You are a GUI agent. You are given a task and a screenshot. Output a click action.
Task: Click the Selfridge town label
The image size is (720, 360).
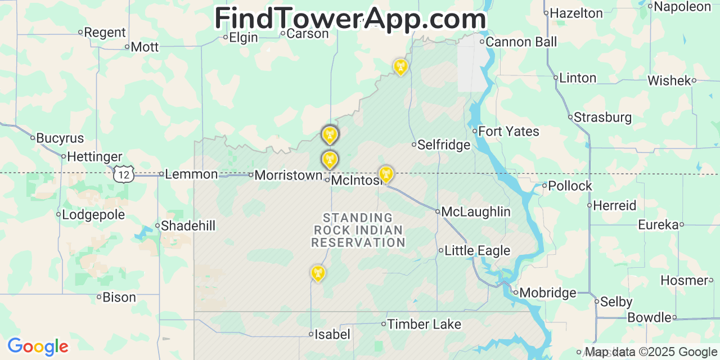click(443, 145)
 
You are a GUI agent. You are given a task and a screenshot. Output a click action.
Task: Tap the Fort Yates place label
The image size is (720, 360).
click(508, 132)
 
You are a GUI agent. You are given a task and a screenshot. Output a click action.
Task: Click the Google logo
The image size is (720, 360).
click(38, 346)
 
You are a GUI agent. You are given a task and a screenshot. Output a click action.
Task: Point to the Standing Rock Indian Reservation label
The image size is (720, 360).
click(358, 230)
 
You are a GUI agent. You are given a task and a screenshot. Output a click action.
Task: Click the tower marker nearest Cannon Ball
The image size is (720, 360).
click(400, 67)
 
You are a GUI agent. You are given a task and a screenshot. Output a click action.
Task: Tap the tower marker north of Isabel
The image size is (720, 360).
click(318, 273)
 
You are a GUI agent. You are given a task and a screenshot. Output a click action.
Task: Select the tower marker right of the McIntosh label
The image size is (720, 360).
click(386, 174)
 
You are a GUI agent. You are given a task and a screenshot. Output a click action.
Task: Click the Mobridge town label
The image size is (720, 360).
click(548, 292)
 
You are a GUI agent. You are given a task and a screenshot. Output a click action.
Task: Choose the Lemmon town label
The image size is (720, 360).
click(191, 174)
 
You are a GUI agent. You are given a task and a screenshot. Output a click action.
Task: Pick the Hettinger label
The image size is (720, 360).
click(94, 156)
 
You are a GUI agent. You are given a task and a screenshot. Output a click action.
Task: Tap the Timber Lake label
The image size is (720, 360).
click(424, 324)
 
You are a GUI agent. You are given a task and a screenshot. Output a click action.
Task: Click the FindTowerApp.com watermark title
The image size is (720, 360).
click(350, 19)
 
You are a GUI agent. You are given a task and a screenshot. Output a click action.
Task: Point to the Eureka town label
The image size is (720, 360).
click(658, 225)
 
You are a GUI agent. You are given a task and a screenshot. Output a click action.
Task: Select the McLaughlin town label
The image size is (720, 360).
click(476, 211)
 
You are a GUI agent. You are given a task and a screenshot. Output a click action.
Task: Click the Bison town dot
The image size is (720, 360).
click(99, 297)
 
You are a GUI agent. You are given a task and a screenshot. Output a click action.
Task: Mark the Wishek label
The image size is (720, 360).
click(669, 80)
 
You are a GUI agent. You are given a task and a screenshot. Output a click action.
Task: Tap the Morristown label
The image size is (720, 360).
click(288, 175)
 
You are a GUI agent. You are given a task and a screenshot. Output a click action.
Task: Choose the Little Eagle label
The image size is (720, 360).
click(477, 251)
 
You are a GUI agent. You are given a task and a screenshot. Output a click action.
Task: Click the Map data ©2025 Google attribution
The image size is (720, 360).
click(651, 352)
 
